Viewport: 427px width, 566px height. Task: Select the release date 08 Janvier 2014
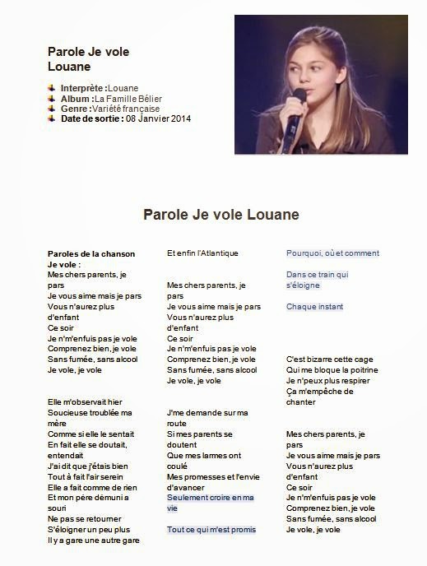coord(158,118)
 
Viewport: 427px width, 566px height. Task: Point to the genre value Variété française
coord(126,109)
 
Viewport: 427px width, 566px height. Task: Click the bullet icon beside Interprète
coord(53,88)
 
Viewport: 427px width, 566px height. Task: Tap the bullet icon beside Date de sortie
coord(53,118)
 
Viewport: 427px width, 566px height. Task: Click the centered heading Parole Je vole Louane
coord(221,216)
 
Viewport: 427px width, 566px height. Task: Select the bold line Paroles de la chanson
coord(91,253)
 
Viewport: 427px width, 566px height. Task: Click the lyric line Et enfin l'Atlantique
coord(202,253)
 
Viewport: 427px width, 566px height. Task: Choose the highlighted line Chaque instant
coord(314,307)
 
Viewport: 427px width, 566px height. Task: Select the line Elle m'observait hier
coord(85,402)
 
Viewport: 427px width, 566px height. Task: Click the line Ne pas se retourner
coord(85,519)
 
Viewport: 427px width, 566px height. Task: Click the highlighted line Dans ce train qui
coord(317,275)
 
